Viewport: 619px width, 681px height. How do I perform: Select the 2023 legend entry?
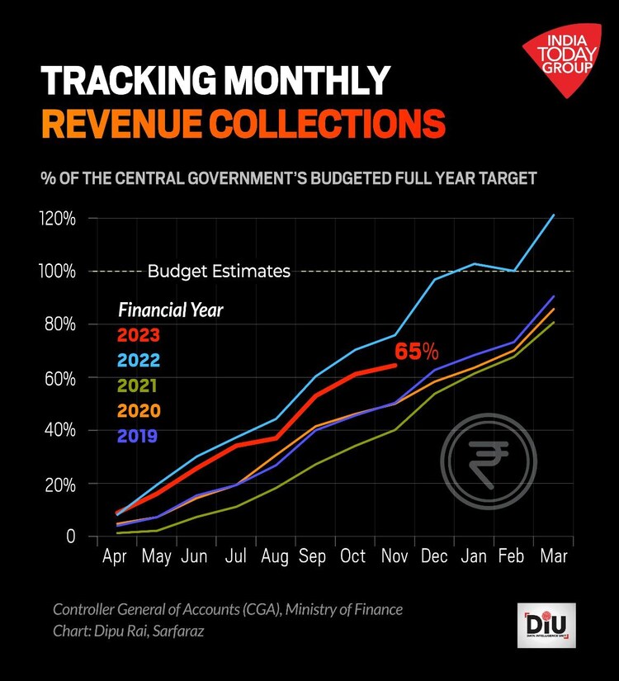coord(138,335)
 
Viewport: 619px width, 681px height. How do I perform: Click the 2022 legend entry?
coord(138,360)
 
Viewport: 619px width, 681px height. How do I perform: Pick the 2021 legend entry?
coord(138,385)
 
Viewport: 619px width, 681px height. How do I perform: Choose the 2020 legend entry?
coord(138,410)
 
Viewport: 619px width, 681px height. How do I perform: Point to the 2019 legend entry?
coord(138,435)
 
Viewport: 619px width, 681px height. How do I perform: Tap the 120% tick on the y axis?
coord(59,219)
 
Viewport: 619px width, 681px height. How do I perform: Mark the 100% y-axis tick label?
coord(59,272)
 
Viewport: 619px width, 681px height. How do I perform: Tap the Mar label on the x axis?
coord(552,557)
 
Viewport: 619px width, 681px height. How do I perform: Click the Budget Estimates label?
coord(219,272)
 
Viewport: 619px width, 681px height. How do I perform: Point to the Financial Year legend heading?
coord(171,310)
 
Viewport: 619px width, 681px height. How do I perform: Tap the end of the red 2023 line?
coord(395,365)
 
